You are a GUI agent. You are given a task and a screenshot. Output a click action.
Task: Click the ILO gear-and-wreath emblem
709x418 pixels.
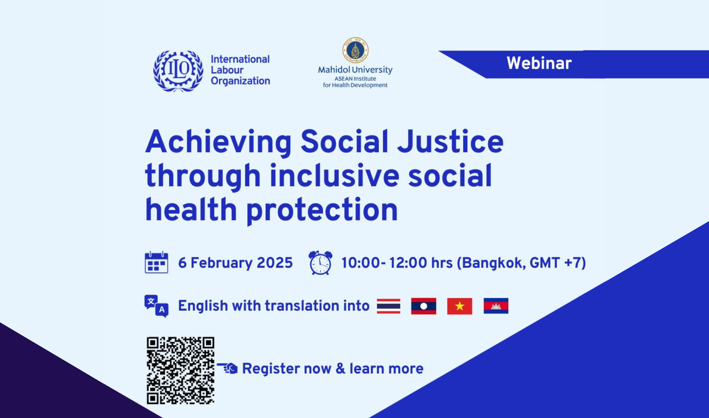coord(178,71)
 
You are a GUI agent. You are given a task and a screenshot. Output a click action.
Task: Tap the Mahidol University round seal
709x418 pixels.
coord(355,50)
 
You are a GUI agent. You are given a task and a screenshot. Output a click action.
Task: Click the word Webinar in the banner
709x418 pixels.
coord(539,63)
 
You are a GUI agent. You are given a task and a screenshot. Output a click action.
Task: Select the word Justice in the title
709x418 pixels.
coord(450,141)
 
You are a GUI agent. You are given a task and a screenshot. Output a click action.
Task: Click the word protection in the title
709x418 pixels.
coord(322,210)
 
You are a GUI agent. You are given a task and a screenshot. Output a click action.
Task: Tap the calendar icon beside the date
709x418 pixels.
coord(157,262)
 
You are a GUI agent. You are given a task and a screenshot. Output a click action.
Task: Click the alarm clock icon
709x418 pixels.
coord(320,263)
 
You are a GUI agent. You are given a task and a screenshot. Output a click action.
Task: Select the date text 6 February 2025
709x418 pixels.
coord(235,263)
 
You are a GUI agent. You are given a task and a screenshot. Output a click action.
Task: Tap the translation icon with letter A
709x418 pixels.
coord(157,306)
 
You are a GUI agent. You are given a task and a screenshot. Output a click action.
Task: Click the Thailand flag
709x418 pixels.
coord(389,306)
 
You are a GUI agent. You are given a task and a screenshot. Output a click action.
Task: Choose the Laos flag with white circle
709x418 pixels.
coord(423,306)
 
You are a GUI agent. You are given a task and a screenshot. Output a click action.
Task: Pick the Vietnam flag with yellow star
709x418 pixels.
coord(460,306)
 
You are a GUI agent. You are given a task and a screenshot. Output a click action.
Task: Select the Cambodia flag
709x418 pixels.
coord(496,306)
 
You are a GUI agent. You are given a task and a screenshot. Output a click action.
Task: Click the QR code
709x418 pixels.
coord(180,370)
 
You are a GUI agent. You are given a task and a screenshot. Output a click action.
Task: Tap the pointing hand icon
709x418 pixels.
coord(228,368)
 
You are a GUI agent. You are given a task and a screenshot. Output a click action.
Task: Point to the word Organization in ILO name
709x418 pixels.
coord(240,81)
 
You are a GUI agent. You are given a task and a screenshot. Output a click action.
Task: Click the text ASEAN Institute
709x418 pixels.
coord(355,79)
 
